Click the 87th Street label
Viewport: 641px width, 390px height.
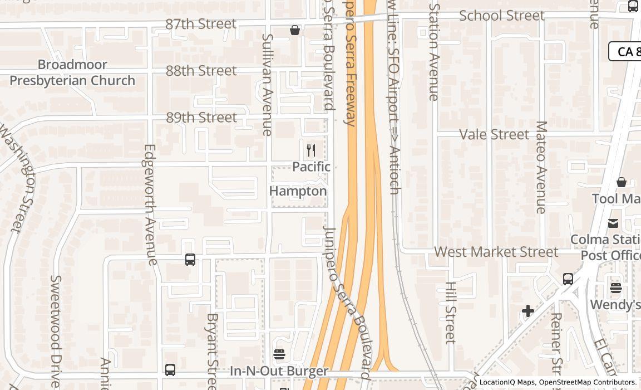pyautogui.click(x=201, y=24)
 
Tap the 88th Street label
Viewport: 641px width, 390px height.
pyautogui.click(x=201, y=71)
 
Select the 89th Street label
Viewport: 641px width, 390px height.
pyautogui.click(x=201, y=118)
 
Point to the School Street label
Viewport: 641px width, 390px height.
pyautogui.click(x=502, y=16)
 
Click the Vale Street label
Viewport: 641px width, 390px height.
pyautogui.click(x=494, y=134)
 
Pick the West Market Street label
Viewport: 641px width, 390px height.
pyautogui.click(x=496, y=252)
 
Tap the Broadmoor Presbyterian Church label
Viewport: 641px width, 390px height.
pyautogui.click(x=72, y=72)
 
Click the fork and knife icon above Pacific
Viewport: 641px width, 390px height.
pyautogui.click(x=311, y=150)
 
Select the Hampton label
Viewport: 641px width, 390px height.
pyautogui.click(x=298, y=191)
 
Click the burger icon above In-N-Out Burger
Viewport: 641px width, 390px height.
pyautogui.click(x=279, y=354)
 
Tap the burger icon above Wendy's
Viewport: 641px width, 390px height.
pyautogui.click(x=615, y=287)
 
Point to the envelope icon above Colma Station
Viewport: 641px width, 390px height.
pyautogui.click(x=613, y=223)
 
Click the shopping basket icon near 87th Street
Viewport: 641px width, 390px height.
pyautogui.click(x=295, y=30)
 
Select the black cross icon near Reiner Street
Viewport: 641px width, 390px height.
pyautogui.click(x=528, y=311)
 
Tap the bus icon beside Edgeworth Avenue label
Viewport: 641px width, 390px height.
pyautogui.click(x=190, y=260)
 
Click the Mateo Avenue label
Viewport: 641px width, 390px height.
pyautogui.click(x=541, y=167)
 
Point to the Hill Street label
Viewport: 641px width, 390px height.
pyautogui.click(x=451, y=313)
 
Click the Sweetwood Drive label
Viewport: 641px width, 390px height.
pyautogui.click(x=55, y=331)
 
